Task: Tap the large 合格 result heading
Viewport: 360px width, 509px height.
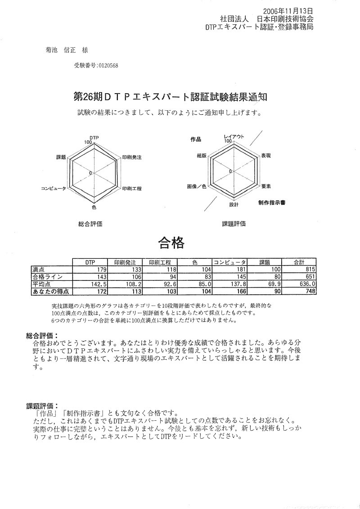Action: pos(171,243)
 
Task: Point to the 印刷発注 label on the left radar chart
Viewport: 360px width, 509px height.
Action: pos(132,158)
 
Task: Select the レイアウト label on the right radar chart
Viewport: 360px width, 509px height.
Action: pos(234,136)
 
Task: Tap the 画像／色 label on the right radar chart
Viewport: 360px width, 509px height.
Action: pos(197,186)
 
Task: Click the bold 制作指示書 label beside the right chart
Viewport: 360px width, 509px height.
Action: pos(272,203)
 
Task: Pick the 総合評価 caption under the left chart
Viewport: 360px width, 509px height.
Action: pos(90,224)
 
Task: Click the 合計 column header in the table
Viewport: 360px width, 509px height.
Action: pos(299,262)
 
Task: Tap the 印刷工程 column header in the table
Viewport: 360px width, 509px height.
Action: pos(160,262)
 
